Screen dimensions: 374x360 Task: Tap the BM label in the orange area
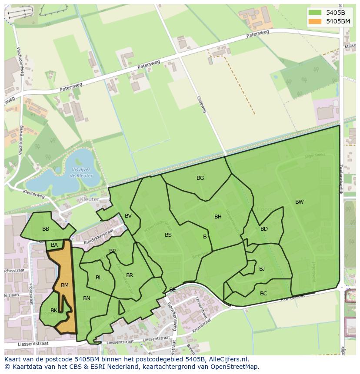65,285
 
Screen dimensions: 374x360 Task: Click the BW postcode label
300,202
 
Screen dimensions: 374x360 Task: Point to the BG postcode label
200,178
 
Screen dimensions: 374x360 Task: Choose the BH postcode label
218,217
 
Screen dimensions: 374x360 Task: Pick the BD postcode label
264,229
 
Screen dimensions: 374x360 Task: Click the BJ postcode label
262,269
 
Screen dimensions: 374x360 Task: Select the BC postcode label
263,294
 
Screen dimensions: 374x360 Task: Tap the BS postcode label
168,235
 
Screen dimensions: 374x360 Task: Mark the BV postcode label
128,216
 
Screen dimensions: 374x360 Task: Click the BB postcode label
46,229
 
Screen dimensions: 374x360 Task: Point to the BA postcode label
54,245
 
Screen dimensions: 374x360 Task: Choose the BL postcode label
99,278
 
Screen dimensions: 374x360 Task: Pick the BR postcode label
130,275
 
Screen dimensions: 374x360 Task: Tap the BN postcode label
87,298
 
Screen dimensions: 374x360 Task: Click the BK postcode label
54,311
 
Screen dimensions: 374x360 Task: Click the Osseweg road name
201,105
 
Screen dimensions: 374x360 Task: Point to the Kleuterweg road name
34,193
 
